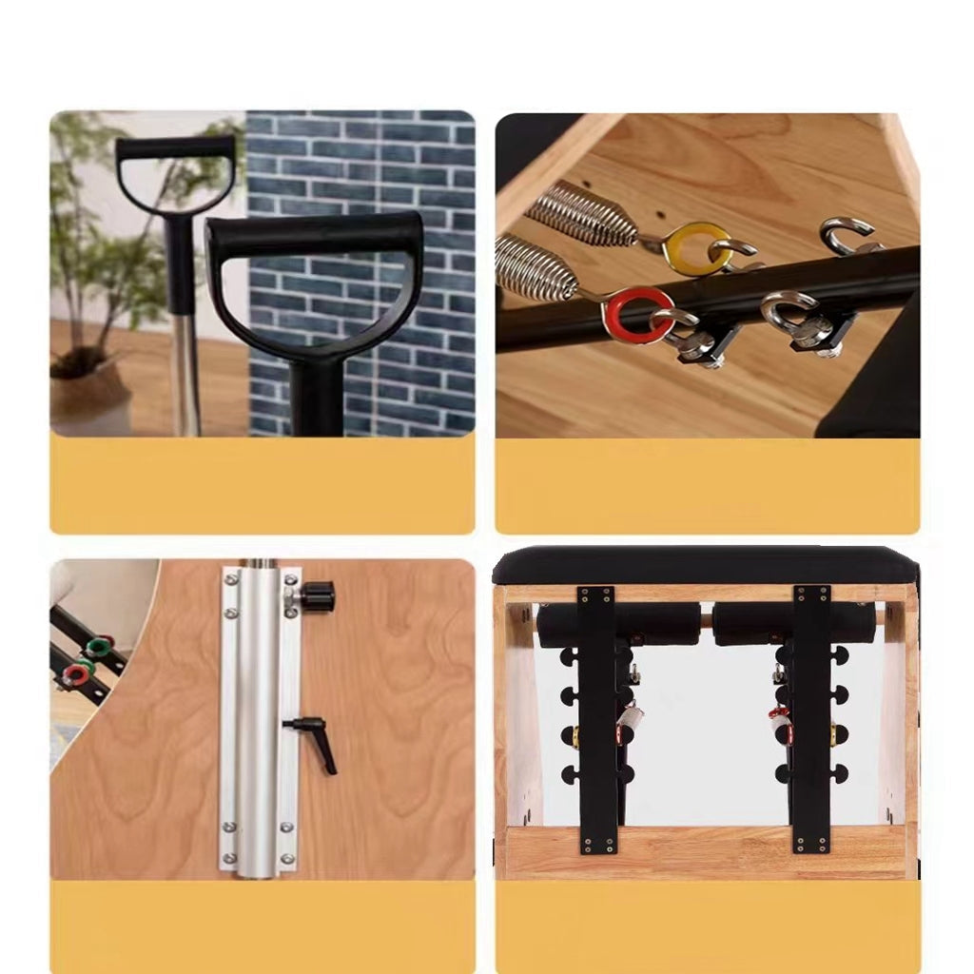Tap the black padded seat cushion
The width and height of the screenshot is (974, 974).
704,566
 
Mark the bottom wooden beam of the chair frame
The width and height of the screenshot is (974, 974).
704,851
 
